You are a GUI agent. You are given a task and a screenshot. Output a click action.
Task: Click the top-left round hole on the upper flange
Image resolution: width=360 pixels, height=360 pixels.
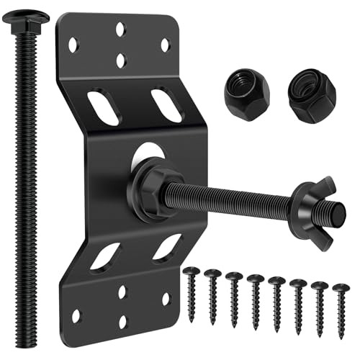click(73, 45)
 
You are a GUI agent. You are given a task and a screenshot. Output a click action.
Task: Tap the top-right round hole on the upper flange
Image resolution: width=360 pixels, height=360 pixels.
click(165, 45)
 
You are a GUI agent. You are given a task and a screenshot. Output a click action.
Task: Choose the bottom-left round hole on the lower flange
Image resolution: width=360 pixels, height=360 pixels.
click(76, 315)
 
